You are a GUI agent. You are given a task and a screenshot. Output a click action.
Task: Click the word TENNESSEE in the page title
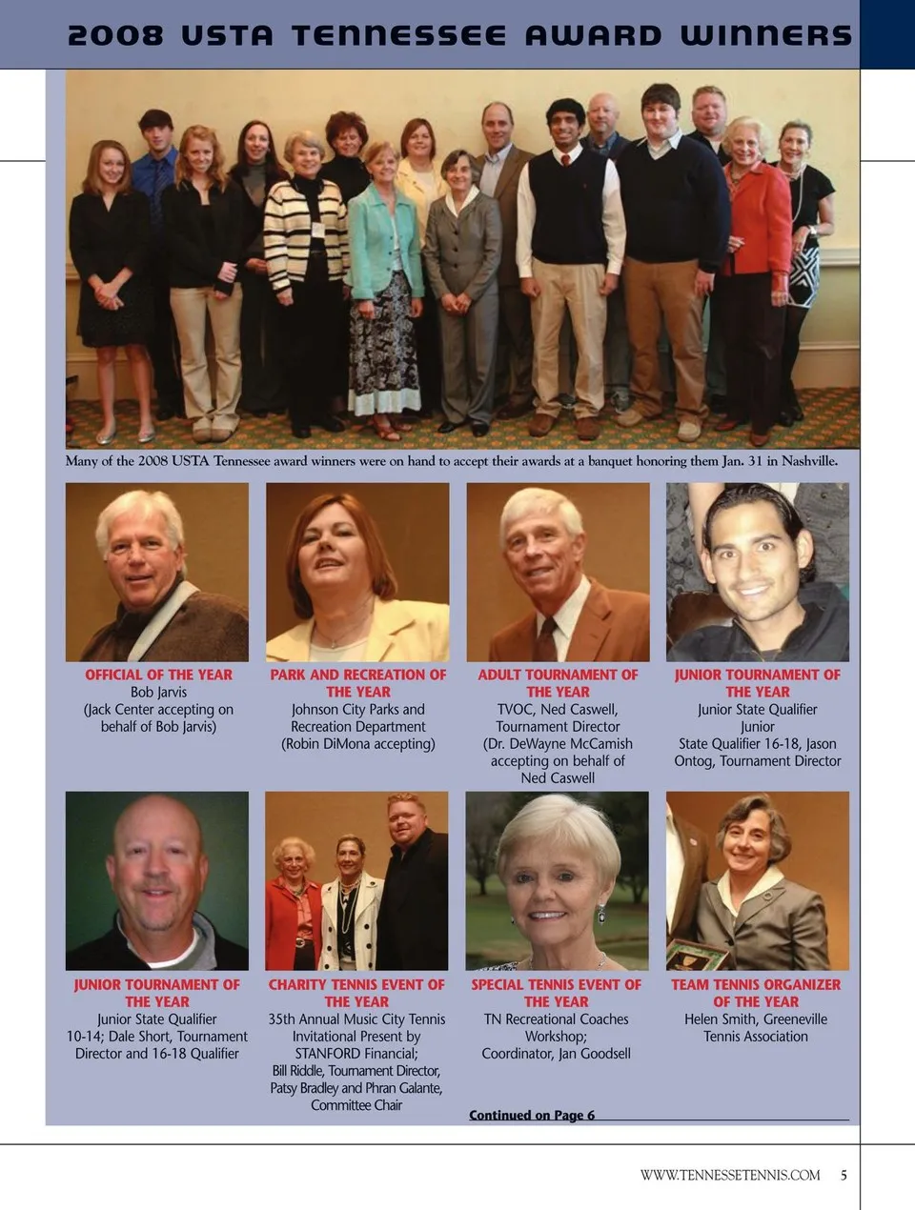[399, 35]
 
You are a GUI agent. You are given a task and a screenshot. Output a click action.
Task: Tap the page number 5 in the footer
[844, 1175]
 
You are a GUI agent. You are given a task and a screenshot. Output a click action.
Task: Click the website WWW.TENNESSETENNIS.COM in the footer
[730, 1175]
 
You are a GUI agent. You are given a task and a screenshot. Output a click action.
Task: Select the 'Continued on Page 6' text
[532, 1115]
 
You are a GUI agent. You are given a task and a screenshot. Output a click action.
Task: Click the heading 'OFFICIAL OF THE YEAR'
[158, 675]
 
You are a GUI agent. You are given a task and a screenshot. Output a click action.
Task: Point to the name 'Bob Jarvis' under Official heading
[158, 692]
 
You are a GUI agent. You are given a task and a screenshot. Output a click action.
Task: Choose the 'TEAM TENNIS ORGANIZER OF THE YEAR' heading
[756, 993]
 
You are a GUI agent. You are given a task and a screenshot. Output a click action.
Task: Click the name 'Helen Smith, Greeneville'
[756, 1018]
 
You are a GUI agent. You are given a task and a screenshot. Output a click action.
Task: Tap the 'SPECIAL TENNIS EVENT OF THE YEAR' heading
[557, 993]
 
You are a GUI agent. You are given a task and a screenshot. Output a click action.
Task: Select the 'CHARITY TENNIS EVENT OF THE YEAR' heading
[356, 993]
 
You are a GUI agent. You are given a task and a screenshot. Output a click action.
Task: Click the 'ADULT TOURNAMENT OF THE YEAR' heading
[558, 683]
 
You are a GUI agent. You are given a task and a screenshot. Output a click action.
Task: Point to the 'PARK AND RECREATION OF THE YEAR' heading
[357, 683]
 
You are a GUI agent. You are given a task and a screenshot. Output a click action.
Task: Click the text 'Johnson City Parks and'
[357, 710]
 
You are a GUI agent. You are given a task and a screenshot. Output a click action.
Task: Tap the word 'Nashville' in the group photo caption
[808, 461]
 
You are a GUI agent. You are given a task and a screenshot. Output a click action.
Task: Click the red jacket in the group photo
[759, 219]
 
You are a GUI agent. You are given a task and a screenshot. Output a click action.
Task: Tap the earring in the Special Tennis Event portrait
[601, 916]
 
